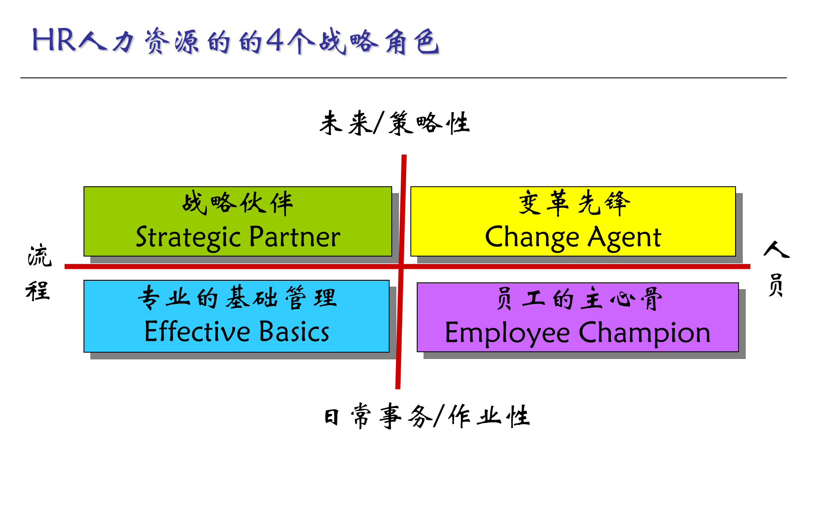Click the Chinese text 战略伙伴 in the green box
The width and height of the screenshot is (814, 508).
pos(237,203)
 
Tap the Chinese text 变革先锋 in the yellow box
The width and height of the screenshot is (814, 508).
pos(574,203)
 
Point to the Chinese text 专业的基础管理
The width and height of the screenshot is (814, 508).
pos(237,298)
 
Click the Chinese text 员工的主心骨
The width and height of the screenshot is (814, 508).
pos(579,299)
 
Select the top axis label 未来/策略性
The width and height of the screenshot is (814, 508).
pos(394,123)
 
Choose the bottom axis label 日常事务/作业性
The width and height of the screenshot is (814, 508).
pos(427,416)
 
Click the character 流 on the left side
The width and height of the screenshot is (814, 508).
pos(39,256)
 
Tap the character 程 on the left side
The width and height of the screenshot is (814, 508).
pos(38,291)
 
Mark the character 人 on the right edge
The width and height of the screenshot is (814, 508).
pos(776,249)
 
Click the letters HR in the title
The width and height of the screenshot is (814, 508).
pos(54,41)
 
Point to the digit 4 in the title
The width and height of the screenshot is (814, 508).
pos(276,41)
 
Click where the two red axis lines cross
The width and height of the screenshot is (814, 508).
pos(401,266)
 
